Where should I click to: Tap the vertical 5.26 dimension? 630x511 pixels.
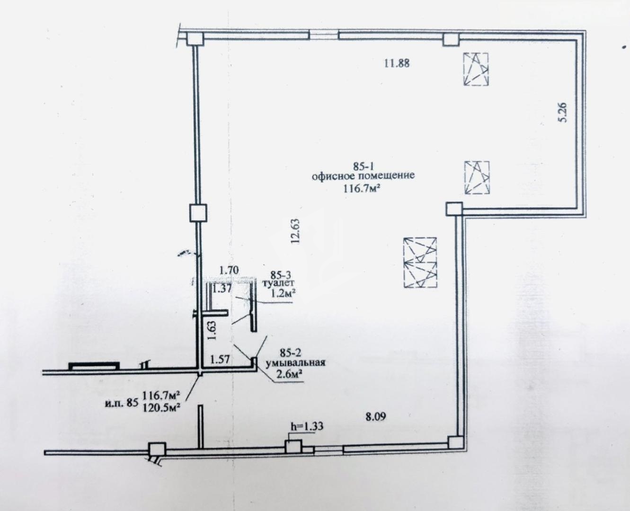tap(562, 112)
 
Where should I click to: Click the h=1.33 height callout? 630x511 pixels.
tap(307, 426)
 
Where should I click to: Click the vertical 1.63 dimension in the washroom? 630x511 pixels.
tap(212, 331)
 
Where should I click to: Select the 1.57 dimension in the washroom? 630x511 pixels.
tap(220, 359)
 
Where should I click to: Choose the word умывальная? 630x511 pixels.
tap(295, 362)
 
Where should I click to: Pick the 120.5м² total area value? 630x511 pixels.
tap(162, 408)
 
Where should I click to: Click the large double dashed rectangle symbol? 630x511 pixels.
tap(420, 263)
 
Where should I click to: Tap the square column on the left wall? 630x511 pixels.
tap(198, 213)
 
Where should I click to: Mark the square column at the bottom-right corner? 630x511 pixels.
tap(455, 443)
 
